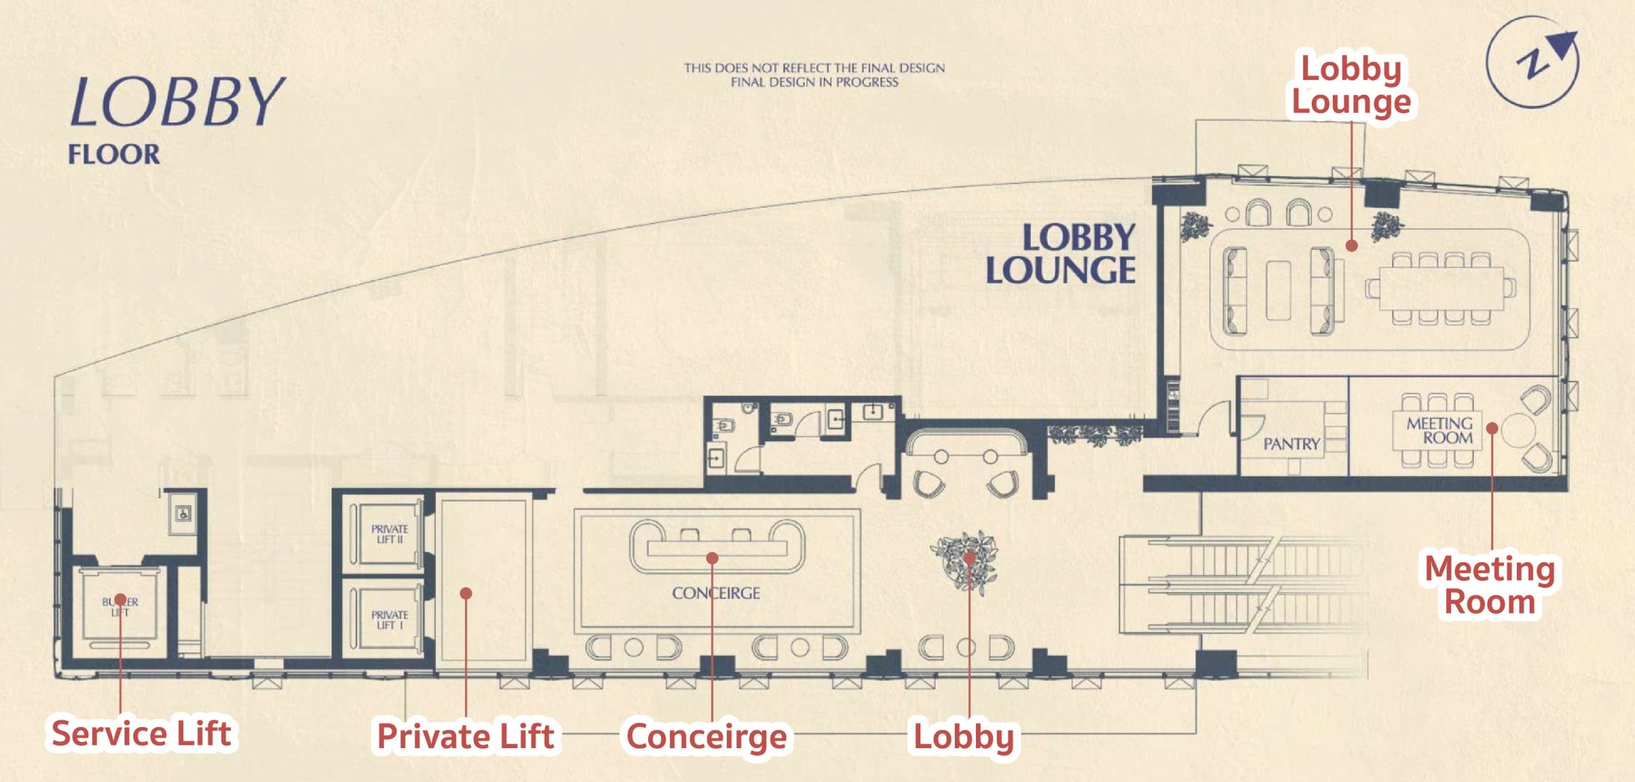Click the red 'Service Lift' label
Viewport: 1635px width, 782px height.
pyautogui.click(x=141, y=733)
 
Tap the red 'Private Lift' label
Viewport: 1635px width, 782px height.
pyautogui.click(x=466, y=736)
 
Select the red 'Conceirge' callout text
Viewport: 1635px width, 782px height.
pyautogui.click(x=706, y=737)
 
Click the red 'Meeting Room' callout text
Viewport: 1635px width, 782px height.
pyautogui.click(x=1490, y=585)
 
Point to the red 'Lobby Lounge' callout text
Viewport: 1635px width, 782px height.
pyautogui.click(x=1351, y=85)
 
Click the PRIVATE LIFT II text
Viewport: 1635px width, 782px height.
pyautogui.click(x=390, y=534)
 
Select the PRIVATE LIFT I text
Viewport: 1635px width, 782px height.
pyautogui.click(x=390, y=620)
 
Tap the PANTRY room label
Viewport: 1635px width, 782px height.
pyautogui.click(x=1291, y=443)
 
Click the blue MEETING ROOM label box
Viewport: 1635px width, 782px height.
pyautogui.click(x=1440, y=431)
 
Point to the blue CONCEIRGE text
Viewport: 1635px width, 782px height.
pyautogui.click(x=716, y=593)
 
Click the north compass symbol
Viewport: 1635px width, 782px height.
pyautogui.click(x=1533, y=62)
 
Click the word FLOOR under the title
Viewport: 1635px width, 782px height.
pyautogui.click(x=114, y=155)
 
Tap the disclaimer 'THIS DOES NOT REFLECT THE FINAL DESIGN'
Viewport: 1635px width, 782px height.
pyautogui.click(x=814, y=68)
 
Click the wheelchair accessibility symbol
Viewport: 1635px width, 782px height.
pyautogui.click(x=184, y=513)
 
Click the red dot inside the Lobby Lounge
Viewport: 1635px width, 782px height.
pyautogui.click(x=1351, y=245)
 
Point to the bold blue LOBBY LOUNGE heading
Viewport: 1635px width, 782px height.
pyautogui.click(x=1061, y=254)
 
